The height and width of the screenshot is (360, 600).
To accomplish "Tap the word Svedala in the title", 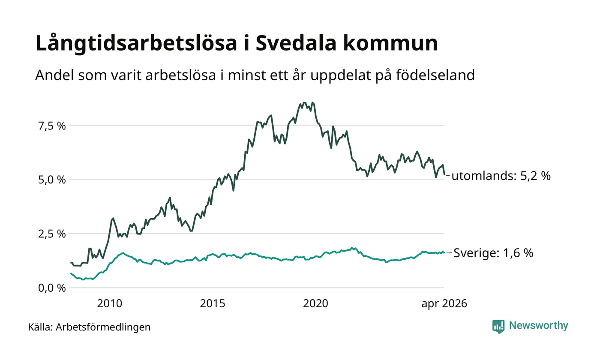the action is [296, 43].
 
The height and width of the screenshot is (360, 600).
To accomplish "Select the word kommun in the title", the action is [390, 43].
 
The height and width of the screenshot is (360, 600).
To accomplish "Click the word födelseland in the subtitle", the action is [435, 75].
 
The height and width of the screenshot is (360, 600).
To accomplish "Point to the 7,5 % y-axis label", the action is [52, 126].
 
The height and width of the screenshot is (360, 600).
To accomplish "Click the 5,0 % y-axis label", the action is [52, 180].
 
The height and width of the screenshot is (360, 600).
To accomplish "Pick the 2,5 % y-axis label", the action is [52, 234].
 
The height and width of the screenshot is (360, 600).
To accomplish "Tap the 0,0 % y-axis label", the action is [52, 288].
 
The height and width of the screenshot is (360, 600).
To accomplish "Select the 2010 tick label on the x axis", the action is [110, 304].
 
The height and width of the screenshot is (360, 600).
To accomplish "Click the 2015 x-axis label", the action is [213, 304].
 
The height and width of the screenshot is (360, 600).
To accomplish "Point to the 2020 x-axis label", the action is [315, 304].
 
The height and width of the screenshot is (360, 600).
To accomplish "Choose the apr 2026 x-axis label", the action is [444, 304].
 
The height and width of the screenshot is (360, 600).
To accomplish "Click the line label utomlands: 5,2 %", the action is [501, 176].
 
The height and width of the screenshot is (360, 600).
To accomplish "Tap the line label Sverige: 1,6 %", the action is [493, 253].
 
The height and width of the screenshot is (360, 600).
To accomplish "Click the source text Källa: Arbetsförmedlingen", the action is [89, 327].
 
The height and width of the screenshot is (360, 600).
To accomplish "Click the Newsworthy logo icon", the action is [498, 327].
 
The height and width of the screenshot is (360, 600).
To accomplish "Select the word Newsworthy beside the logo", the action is [538, 326].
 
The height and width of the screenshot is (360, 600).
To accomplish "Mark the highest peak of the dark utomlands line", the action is [304, 102].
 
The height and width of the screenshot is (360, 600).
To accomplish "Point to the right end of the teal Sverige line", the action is [444, 252].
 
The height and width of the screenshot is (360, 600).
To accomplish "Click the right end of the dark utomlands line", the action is [445, 175].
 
